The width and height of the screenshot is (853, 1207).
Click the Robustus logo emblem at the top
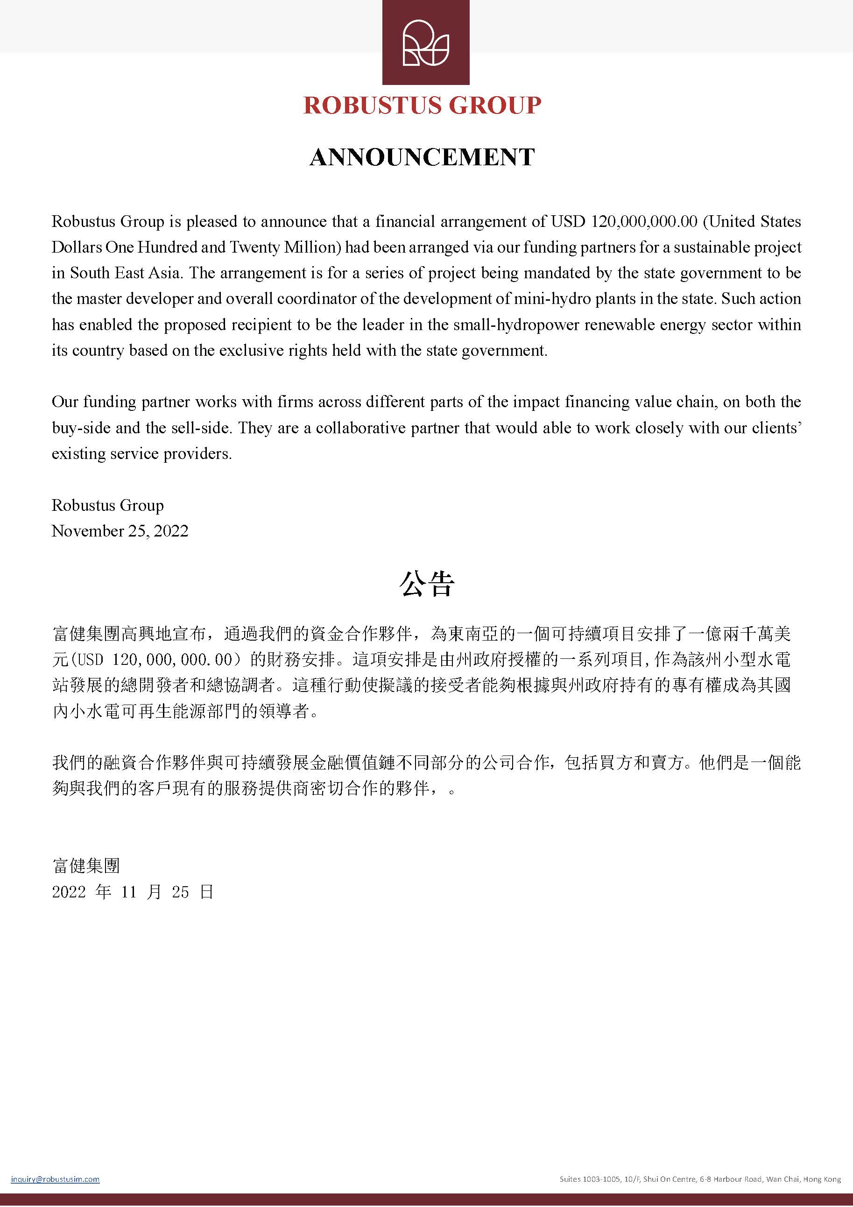426,42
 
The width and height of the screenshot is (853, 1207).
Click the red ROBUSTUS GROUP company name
423,106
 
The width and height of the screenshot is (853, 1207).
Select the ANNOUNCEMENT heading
422,157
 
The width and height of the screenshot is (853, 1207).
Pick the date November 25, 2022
120,531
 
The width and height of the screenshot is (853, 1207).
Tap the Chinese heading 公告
426,584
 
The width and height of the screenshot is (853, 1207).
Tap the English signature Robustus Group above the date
108,505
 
